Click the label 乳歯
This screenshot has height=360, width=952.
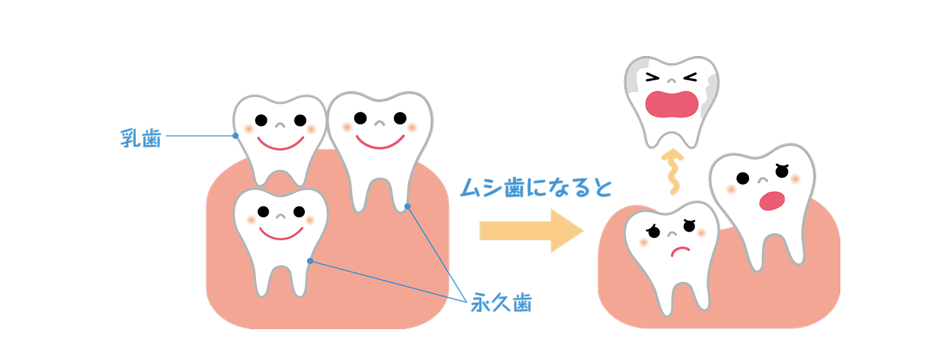click(141, 138)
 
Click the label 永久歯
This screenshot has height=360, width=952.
click(501, 302)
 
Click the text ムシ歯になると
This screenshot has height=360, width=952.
click(536, 187)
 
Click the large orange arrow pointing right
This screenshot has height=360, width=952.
click(531, 230)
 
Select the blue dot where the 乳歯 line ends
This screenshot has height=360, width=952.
click(236, 136)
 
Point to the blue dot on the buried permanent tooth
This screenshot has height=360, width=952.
click(310, 261)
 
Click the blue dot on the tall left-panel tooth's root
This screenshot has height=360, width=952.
click(408, 206)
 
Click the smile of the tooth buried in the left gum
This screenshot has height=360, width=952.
click(281, 234)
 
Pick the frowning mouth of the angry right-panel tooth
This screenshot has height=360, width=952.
click(680, 251)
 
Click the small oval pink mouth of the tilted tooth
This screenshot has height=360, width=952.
click(771, 201)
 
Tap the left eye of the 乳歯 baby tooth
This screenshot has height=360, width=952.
click(261, 120)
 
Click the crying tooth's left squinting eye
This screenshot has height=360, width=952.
click(653, 77)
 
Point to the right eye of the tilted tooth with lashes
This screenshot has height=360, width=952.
click(783, 170)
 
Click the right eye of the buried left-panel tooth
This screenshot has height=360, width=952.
click(299, 212)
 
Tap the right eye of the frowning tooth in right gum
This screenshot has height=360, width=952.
click(689, 227)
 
